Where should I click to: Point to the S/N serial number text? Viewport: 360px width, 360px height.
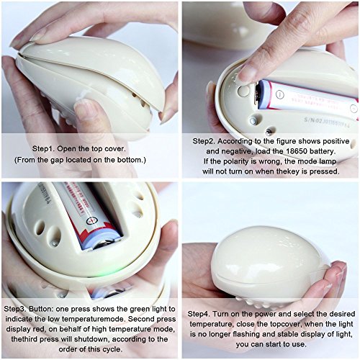click(x=327, y=122)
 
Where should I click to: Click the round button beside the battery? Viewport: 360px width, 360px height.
click(x=243, y=91)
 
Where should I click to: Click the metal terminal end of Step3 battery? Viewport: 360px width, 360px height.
click(x=105, y=246)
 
